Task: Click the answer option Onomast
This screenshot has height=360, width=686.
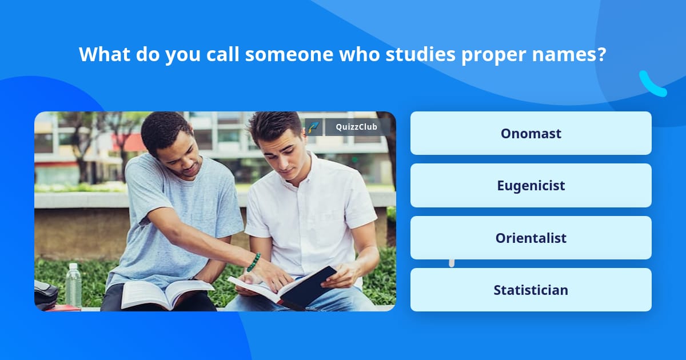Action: pos(531,133)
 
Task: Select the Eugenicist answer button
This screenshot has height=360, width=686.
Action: pos(531,185)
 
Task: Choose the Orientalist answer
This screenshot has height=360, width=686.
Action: pos(531,238)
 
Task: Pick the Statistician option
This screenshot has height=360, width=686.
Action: pos(531,290)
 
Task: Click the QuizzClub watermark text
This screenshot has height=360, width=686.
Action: pos(356,127)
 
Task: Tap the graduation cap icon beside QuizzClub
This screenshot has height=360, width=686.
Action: pos(314,127)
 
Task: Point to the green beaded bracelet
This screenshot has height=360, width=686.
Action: pos(254,262)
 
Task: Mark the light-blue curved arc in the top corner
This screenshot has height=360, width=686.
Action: pos(652,85)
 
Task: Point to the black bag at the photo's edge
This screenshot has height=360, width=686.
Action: pos(45,294)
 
